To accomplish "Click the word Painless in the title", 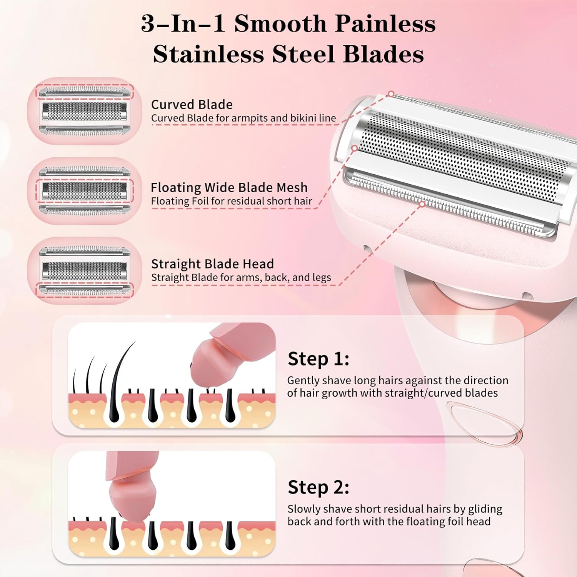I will click(385, 24).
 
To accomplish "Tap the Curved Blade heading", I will click(192, 105).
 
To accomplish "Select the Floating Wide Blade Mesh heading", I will click(229, 187).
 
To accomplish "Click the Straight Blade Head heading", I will click(212, 264).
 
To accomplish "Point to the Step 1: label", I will click(319, 359).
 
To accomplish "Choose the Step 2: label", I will click(319, 487).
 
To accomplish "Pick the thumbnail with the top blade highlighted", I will click(85, 111).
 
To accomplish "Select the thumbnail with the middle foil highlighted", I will click(85, 191).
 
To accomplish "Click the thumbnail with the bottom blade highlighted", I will click(85, 270).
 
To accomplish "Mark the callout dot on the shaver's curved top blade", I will click(391, 94).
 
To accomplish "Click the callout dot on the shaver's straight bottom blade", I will click(422, 204).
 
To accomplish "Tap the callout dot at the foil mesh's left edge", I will click(355, 148).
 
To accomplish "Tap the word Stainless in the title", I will click(208, 54).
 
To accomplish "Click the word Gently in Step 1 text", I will click(303, 380).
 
